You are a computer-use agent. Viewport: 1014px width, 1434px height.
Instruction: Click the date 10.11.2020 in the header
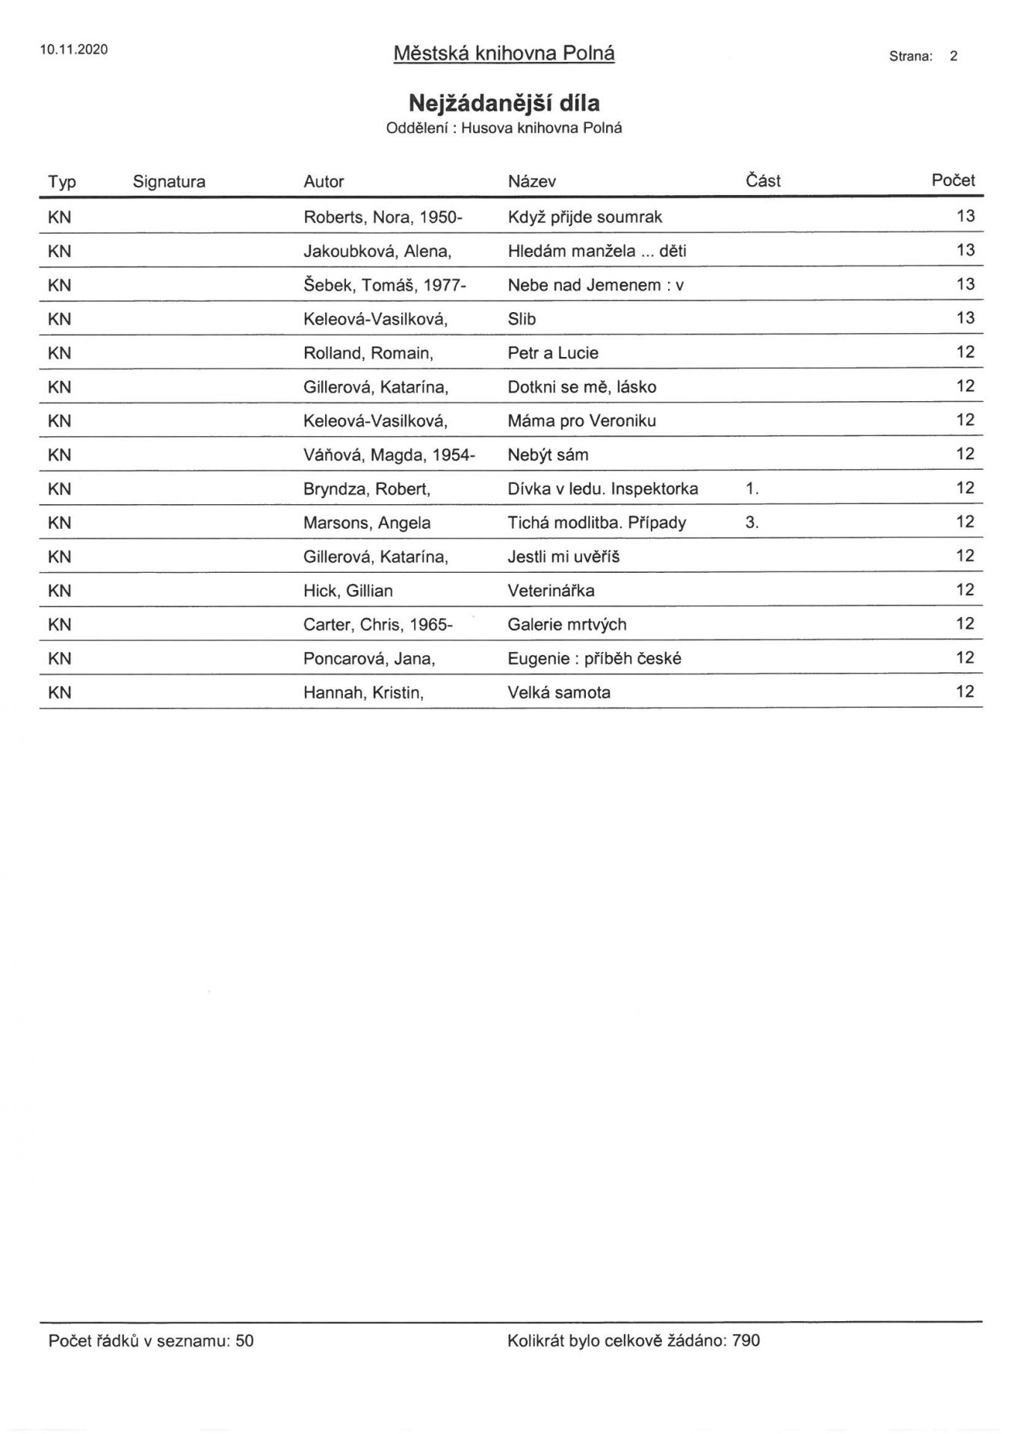[74, 50]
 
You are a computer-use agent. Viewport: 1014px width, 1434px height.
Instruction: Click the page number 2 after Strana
[953, 56]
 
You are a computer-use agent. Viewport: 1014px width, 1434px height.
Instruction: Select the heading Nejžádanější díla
[504, 102]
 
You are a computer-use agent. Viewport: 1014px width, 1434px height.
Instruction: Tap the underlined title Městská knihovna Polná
[504, 54]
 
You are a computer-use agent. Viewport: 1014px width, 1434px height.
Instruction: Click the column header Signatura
[169, 181]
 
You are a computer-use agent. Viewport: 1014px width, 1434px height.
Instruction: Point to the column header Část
[763, 181]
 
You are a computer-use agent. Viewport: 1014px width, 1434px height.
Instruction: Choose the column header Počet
[953, 180]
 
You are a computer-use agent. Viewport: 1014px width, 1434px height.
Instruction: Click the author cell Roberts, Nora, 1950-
[383, 217]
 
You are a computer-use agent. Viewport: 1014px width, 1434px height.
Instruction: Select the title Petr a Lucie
[553, 353]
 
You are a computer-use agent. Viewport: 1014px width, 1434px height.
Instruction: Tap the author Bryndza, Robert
[367, 489]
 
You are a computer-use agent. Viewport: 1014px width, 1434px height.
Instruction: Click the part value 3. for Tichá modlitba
[752, 523]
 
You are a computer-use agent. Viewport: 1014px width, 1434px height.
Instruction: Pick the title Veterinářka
[551, 591]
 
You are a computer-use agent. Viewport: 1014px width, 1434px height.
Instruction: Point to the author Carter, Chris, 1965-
[378, 624]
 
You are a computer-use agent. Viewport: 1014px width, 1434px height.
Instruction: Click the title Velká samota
[559, 692]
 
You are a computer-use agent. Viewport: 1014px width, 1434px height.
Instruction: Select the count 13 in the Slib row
[965, 318]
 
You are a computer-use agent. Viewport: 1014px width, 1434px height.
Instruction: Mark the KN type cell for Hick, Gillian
[60, 591]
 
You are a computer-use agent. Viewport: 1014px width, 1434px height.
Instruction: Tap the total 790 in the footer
[746, 1341]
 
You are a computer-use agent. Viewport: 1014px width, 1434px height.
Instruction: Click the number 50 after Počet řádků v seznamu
[244, 1341]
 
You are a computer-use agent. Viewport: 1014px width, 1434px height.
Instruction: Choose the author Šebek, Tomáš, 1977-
[385, 285]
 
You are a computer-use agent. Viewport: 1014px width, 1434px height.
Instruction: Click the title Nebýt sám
[548, 455]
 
